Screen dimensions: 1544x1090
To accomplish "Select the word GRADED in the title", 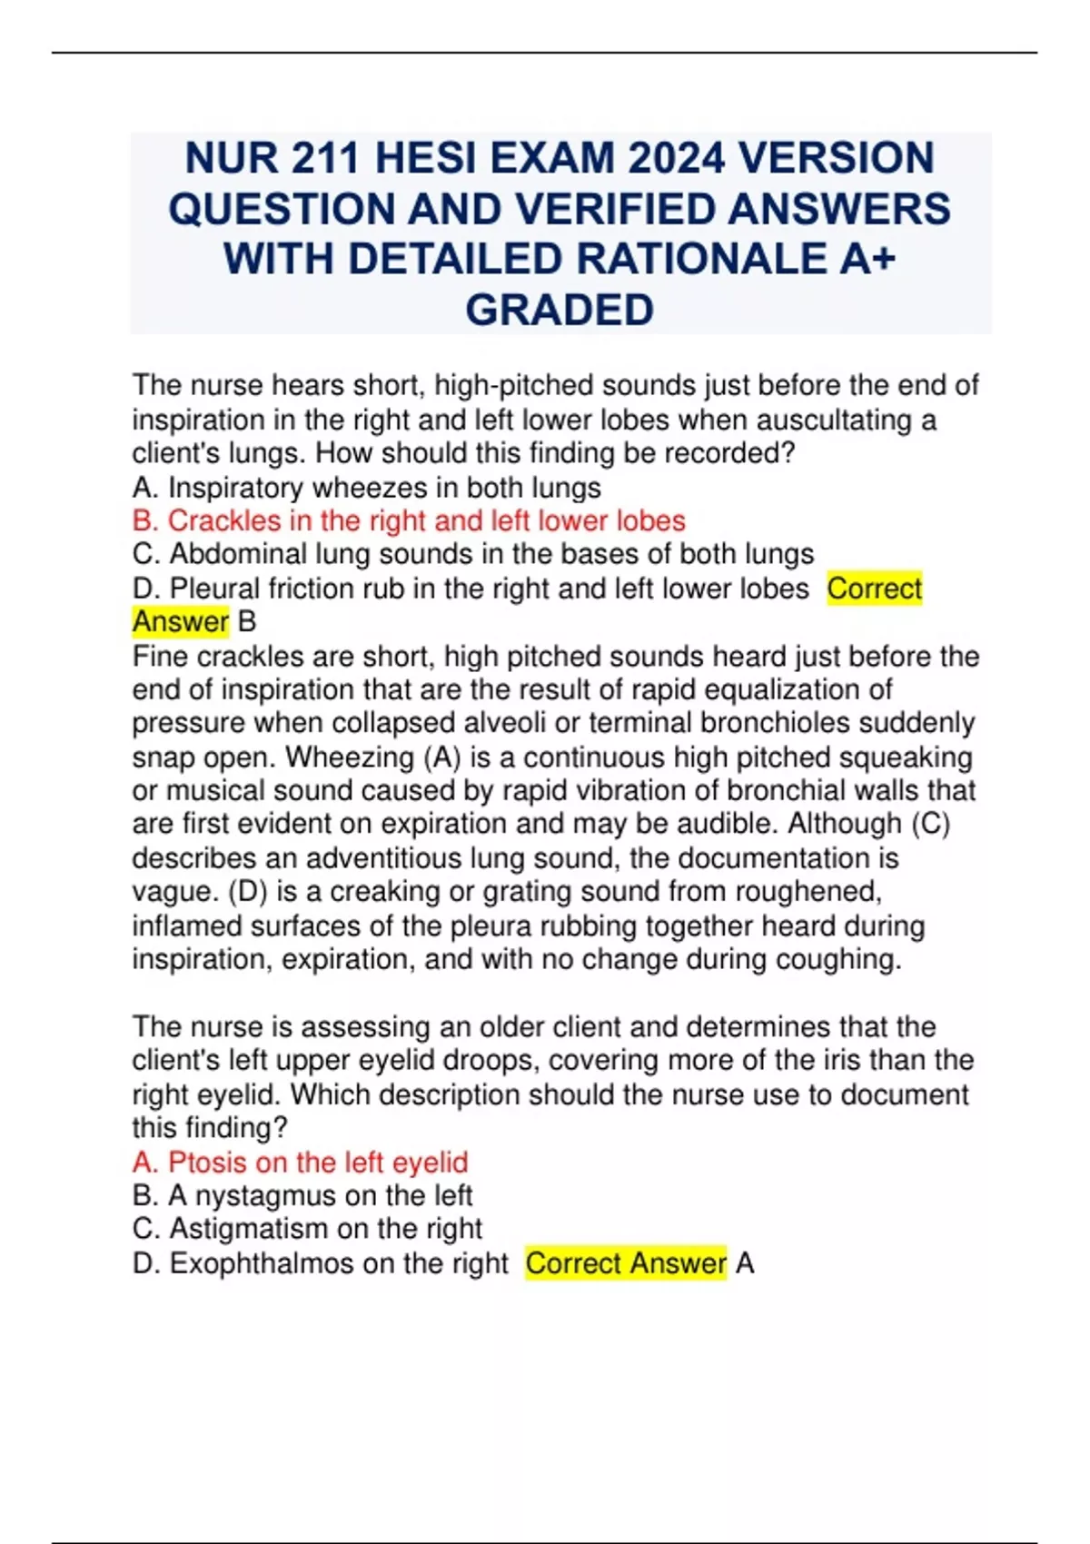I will (x=560, y=310).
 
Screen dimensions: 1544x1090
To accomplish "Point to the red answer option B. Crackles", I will (x=408, y=520).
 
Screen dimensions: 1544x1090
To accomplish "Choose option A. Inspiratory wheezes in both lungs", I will (x=366, y=488).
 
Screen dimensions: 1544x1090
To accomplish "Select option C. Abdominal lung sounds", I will (x=472, y=554).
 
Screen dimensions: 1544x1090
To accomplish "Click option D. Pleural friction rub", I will (x=470, y=589).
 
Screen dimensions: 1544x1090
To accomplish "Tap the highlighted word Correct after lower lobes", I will (x=874, y=589).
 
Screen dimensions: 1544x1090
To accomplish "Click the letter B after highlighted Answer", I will (x=246, y=622).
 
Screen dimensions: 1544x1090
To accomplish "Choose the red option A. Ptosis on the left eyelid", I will (x=300, y=1162).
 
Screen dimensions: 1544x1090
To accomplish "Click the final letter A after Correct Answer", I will (x=745, y=1263).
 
